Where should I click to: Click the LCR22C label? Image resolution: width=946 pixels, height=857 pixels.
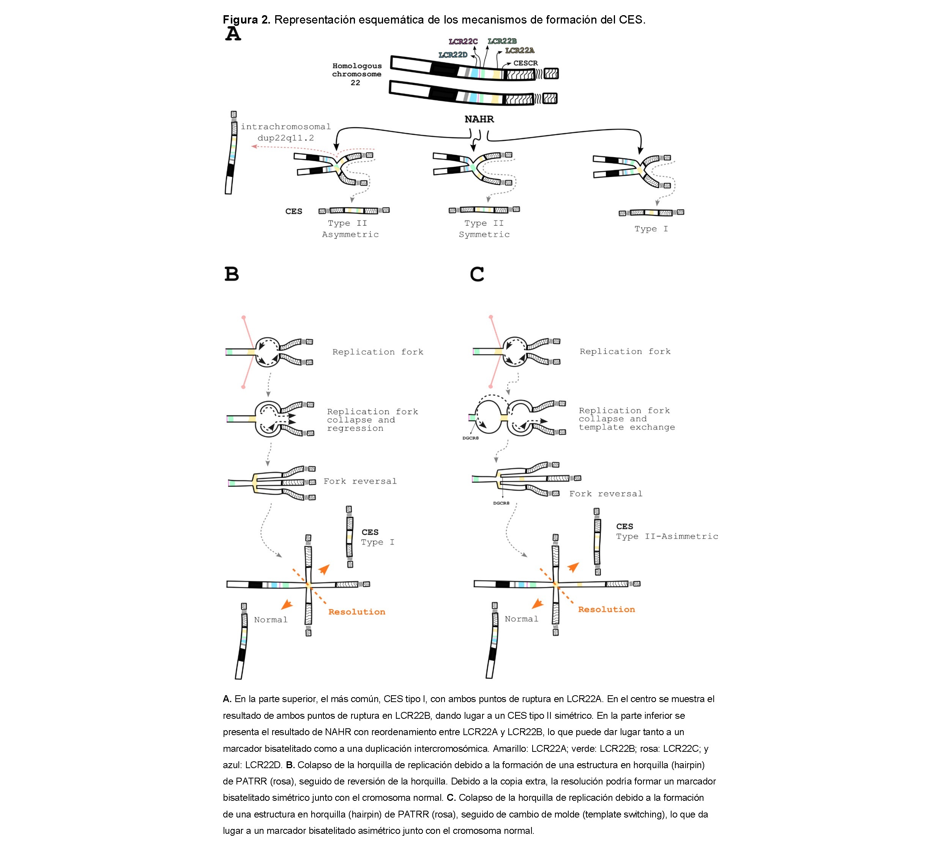point(463,42)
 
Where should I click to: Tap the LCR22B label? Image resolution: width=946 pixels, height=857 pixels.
point(502,41)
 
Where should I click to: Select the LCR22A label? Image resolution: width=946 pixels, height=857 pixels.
point(520,51)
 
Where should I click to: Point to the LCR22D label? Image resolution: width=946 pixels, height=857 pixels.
point(453,55)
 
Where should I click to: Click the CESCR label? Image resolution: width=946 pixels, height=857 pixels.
point(525,63)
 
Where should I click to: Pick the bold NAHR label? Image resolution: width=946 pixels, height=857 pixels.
point(479,119)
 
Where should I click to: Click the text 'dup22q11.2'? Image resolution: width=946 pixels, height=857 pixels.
point(286,138)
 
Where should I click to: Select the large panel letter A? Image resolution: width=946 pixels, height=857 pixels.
point(233,34)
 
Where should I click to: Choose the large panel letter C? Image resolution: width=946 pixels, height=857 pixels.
point(477,274)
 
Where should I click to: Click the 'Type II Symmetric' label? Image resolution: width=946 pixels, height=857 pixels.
point(484,229)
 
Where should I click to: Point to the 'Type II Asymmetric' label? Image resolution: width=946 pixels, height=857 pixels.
point(350,229)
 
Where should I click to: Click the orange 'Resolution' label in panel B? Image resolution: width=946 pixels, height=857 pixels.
point(356,612)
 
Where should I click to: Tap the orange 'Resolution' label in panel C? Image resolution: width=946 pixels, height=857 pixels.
point(606,610)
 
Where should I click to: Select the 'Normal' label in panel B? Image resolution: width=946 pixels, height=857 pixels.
point(271,620)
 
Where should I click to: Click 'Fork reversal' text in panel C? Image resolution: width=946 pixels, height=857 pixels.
point(606,494)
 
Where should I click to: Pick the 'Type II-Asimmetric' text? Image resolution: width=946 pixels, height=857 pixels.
point(667,537)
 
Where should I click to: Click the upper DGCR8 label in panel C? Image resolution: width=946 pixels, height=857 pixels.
point(470,438)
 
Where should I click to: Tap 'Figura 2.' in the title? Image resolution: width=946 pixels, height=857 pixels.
point(246,20)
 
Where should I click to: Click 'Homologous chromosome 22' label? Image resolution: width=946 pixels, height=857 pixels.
point(356,74)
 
